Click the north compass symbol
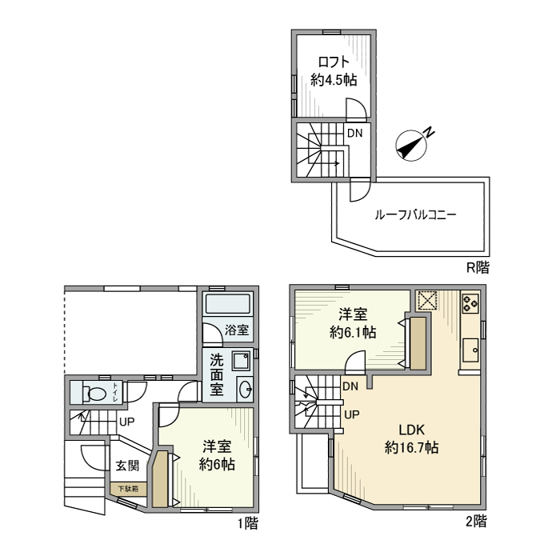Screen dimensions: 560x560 (x=413, y=144)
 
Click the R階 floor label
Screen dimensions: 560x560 (x=478, y=267)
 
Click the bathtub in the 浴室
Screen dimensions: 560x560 (x=227, y=304)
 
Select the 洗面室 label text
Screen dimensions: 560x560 (x=216, y=375)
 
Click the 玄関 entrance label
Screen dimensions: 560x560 (x=127, y=466)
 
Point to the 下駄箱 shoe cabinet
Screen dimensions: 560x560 (x=128, y=488)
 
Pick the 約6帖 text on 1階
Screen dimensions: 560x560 (x=218, y=463)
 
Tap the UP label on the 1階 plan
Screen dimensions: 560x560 (x=126, y=422)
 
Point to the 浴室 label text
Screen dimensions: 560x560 (x=235, y=330)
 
